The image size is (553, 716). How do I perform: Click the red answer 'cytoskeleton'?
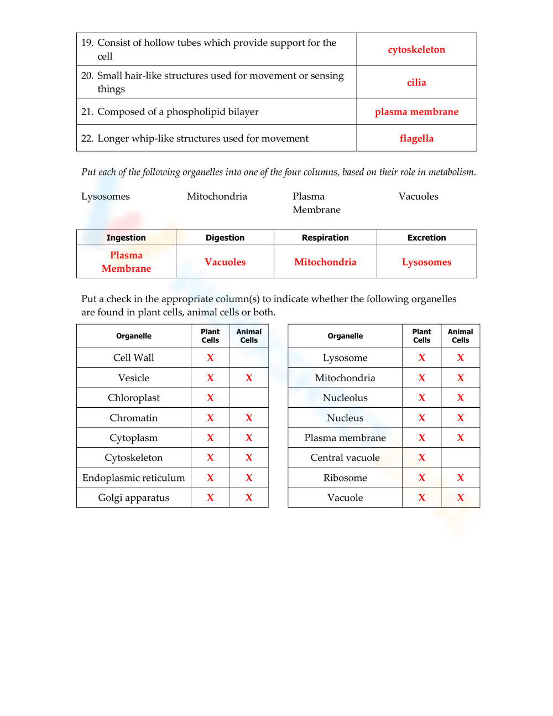coord(416,50)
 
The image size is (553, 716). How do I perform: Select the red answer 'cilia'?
coord(416,82)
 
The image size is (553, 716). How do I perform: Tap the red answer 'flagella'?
coord(416,138)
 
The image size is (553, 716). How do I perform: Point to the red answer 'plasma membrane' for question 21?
coord(416,112)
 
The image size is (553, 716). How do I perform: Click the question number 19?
coord(87,43)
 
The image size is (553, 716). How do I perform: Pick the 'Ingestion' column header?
coord(126,238)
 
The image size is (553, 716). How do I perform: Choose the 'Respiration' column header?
coord(325,238)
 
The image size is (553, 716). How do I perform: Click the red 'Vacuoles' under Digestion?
coord(225,262)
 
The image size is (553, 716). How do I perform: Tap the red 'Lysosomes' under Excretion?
coord(426,262)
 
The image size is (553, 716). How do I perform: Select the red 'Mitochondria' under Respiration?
coord(325,262)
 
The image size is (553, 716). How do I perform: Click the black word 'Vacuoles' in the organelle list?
coord(418,196)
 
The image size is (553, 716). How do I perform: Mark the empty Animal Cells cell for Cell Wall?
coord(249,358)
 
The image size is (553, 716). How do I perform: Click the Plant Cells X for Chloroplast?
coord(210,398)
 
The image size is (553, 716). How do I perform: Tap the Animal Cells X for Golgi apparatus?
coord(249,498)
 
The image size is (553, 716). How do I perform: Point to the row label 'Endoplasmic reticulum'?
coord(134,478)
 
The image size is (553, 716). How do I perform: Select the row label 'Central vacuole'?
coord(345,458)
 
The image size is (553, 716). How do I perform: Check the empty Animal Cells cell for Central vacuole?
coord(460,458)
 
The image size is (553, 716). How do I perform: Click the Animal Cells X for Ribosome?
coord(460,478)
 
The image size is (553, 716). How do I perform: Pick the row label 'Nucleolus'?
coord(345,398)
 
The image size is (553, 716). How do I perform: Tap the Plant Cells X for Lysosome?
coord(421,358)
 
